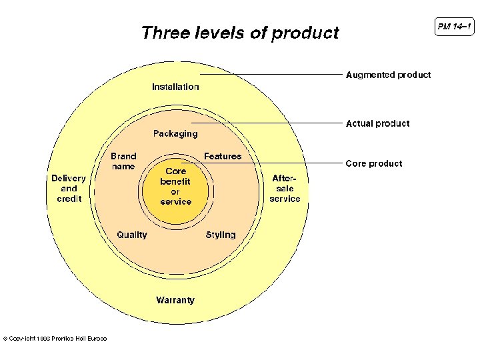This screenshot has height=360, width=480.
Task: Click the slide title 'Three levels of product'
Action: (240, 33)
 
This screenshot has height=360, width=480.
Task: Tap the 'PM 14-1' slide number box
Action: (455, 27)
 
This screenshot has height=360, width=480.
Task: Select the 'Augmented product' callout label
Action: (388, 75)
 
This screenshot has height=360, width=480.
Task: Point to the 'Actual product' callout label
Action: (377, 123)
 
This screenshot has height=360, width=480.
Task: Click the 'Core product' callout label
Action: (373, 163)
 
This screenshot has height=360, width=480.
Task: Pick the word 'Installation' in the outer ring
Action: (175, 87)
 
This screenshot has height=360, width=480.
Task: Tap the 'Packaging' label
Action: (175, 133)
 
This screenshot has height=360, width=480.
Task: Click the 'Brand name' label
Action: (123, 161)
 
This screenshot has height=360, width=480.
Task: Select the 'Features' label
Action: (223, 156)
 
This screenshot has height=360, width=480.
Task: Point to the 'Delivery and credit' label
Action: (69, 188)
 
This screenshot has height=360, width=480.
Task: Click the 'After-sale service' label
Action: (285, 188)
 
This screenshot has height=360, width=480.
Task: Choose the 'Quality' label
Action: (132, 235)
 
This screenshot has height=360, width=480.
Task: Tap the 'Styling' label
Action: (221, 235)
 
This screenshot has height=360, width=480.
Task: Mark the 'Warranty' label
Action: (175, 300)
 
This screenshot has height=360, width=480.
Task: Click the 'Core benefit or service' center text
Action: (176, 186)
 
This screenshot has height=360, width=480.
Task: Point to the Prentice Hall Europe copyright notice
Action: (55, 339)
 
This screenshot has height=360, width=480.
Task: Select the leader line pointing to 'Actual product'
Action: (267, 123)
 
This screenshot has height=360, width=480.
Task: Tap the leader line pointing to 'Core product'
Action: (267, 163)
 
